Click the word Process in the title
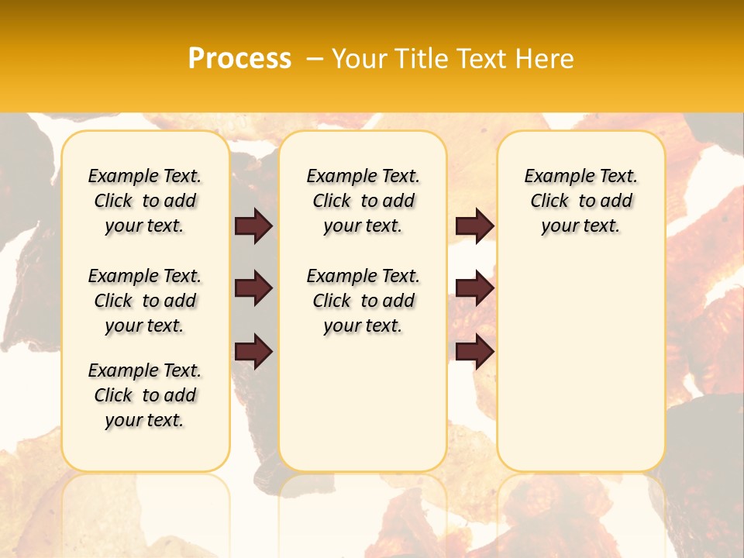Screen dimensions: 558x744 point(239,59)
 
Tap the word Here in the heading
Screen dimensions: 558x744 point(546,59)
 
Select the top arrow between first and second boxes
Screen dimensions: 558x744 point(253,226)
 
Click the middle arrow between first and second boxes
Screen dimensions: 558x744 point(253,288)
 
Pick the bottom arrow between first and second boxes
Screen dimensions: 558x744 point(253,352)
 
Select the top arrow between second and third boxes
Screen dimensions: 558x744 point(474,226)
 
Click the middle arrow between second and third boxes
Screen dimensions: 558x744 point(474,288)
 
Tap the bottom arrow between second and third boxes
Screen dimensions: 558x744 point(474,352)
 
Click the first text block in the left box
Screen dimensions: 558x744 point(145,201)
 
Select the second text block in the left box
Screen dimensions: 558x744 point(145,301)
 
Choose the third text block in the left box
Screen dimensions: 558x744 point(145,395)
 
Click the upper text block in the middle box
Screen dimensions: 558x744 point(363,201)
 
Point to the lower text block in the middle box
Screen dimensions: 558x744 point(363,301)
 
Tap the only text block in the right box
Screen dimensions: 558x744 point(581,201)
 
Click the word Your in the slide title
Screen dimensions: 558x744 point(360,59)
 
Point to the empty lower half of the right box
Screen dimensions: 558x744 point(581,372)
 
